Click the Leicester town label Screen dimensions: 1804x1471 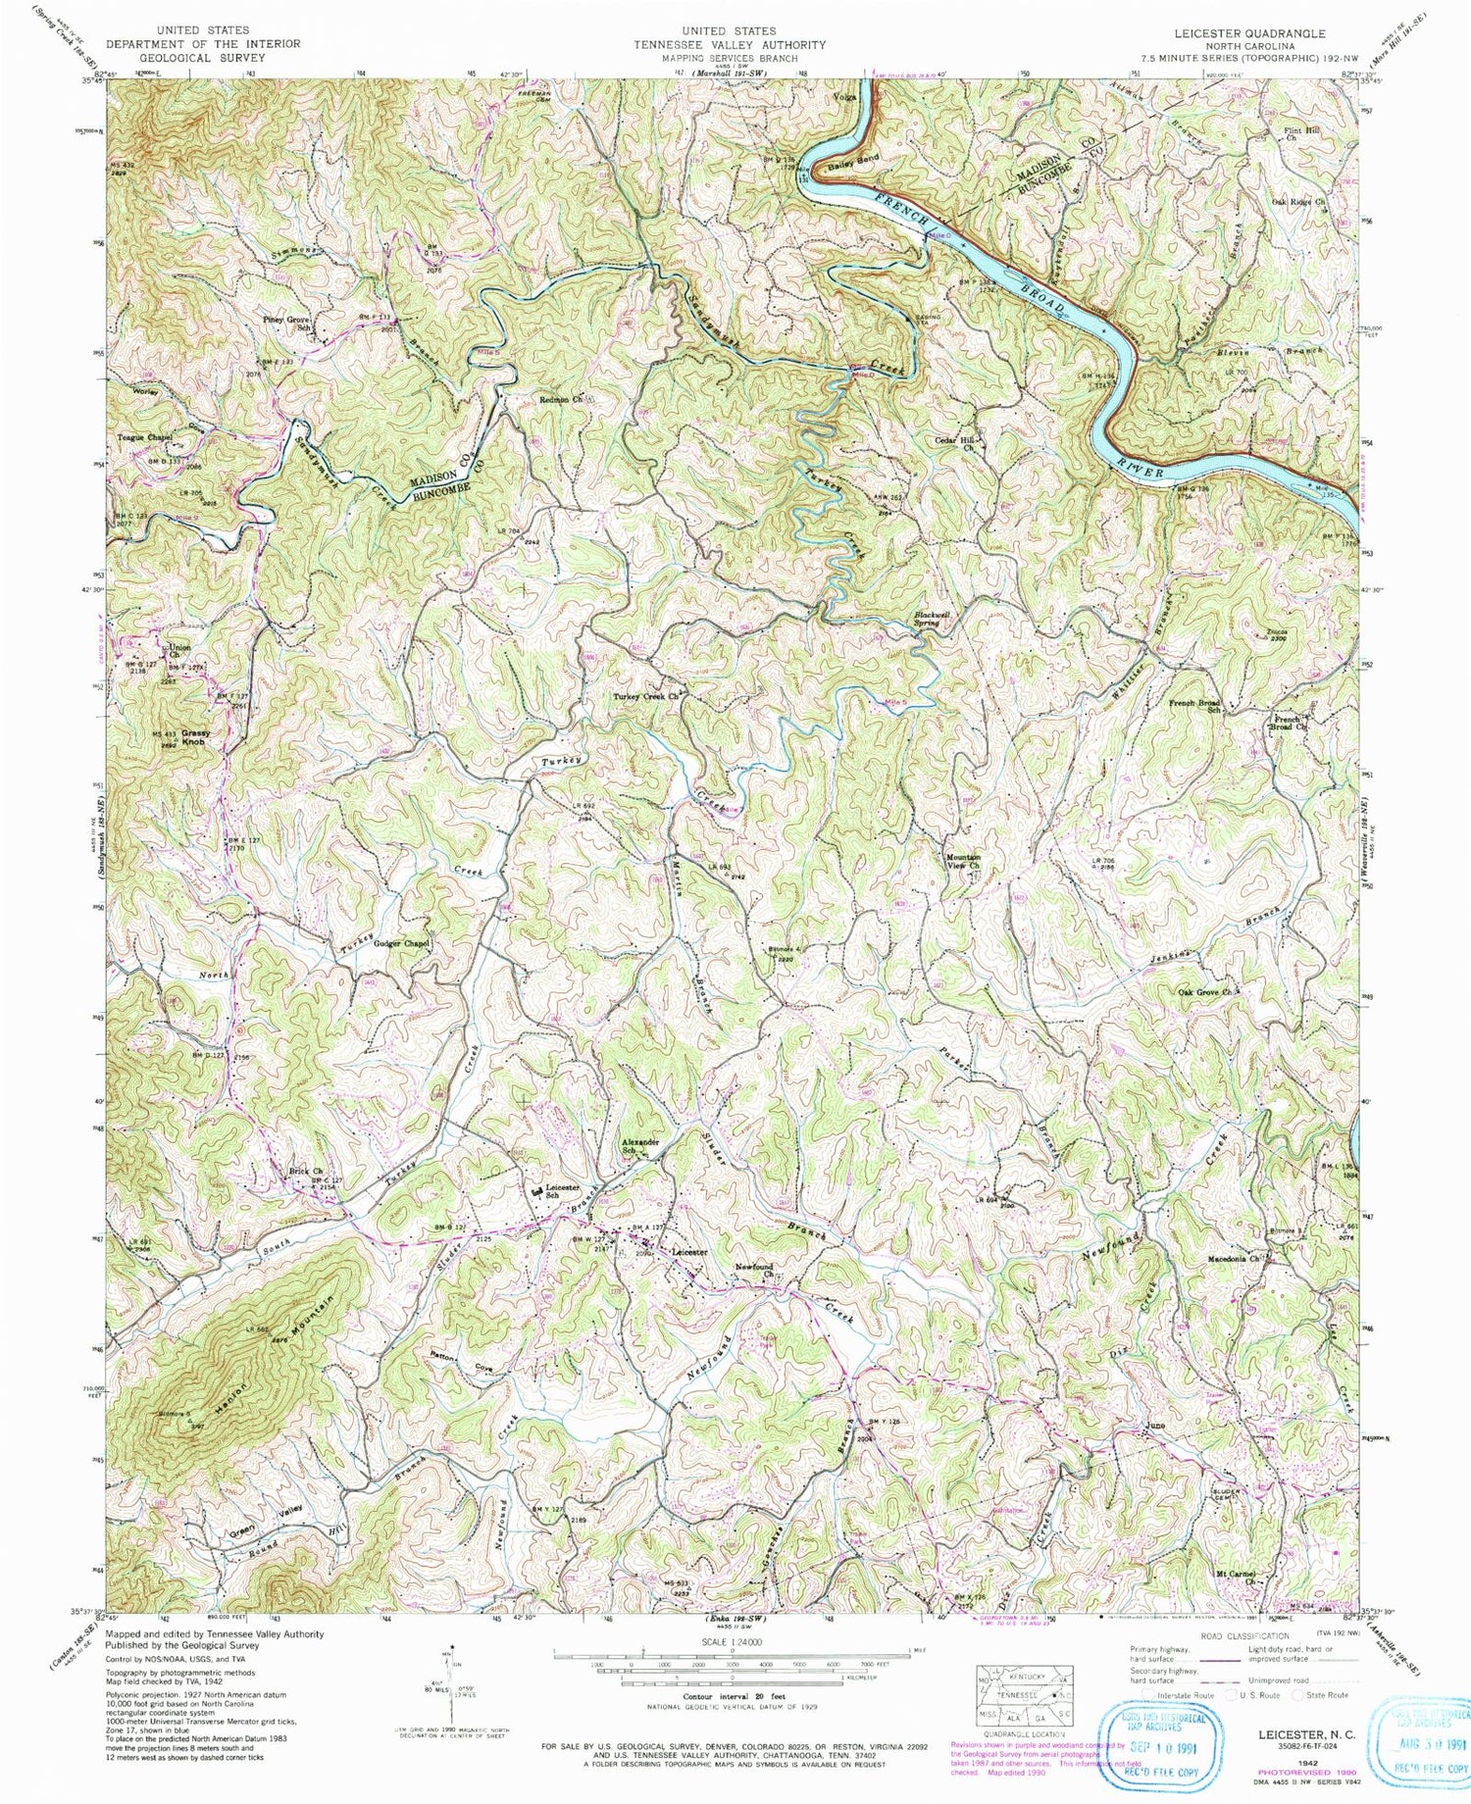click(688, 1253)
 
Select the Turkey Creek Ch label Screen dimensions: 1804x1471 click(646, 697)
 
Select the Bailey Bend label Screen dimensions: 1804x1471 click(853, 162)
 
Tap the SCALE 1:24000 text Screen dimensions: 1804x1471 click(733, 1641)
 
